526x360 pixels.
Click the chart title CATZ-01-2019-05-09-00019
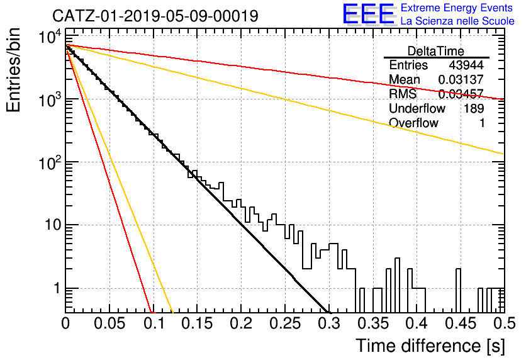(155, 16)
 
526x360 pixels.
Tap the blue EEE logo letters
(368, 14)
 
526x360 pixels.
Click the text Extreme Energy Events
(456, 8)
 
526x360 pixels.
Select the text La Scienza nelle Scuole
(457, 21)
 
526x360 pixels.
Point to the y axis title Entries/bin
(13, 70)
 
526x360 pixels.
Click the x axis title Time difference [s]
(430, 346)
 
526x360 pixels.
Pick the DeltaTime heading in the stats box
(436, 51)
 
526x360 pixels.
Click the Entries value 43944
(466, 65)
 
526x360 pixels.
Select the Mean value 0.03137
(461, 79)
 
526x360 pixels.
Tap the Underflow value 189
(474, 108)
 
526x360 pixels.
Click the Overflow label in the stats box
(413, 123)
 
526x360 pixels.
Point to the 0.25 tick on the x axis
(285, 323)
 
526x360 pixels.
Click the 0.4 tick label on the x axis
(417, 323)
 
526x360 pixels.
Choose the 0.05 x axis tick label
(109, 323)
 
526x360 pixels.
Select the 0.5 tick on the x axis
(505, 323)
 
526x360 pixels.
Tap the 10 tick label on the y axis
(53, 225)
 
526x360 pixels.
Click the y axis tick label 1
(57, 288)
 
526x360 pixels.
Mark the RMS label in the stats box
(403, 94)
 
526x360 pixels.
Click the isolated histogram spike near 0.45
(458, 291)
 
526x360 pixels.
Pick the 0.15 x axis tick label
(198, 323)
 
